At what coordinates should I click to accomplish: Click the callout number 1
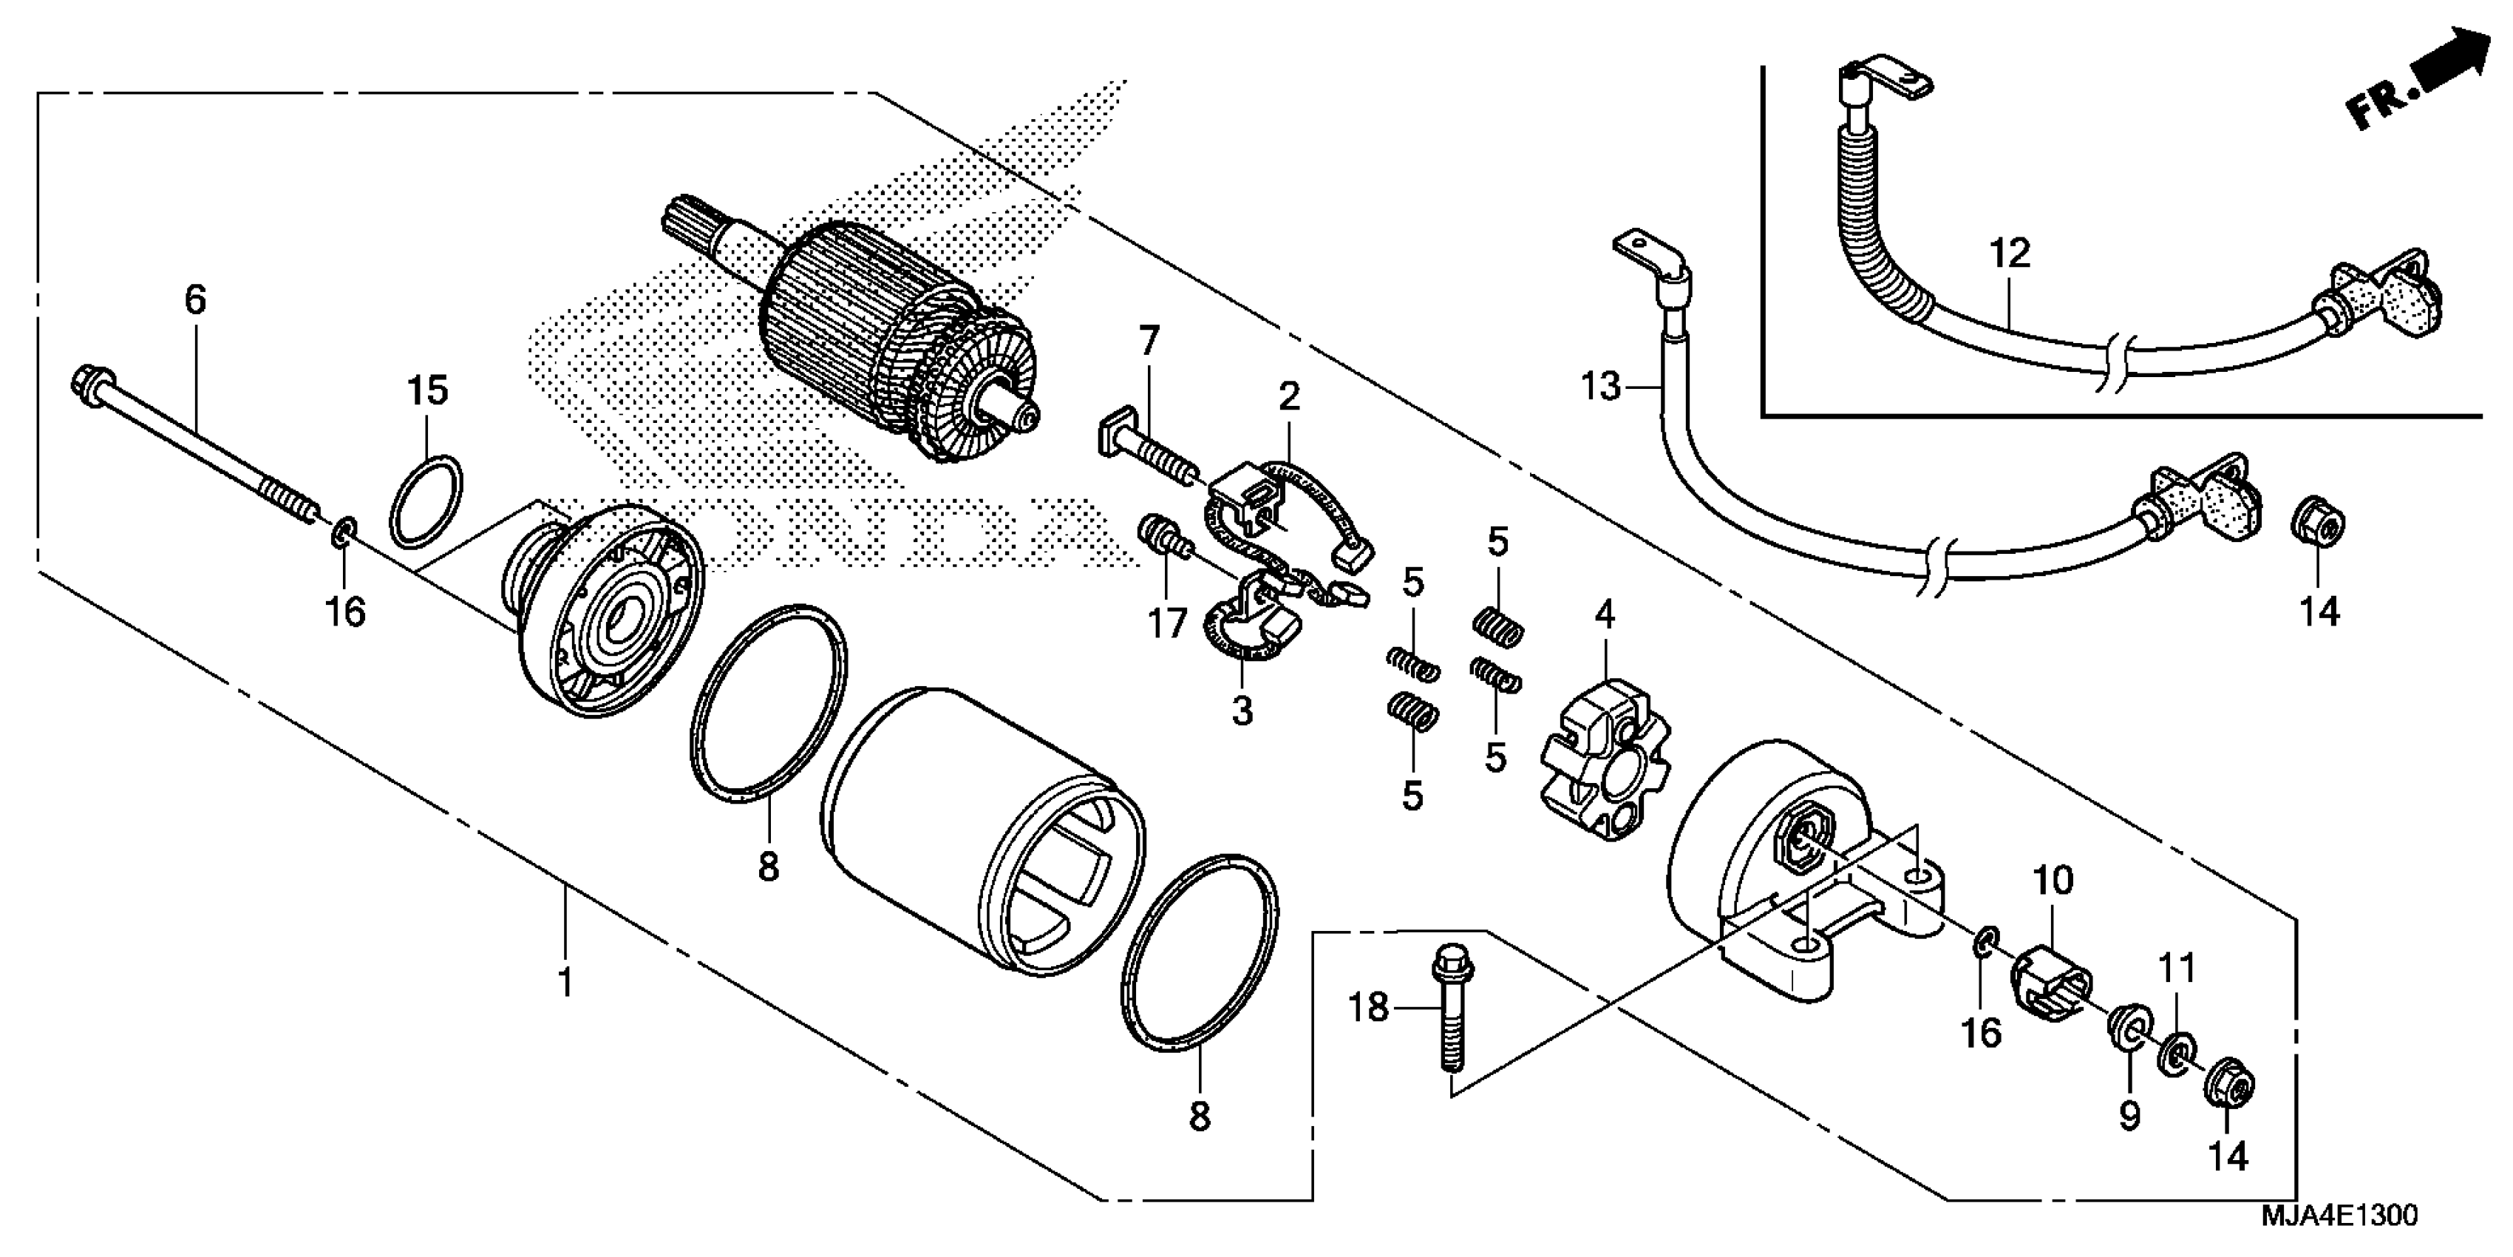pos(564,982)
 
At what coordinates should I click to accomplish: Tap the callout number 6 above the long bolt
pos(195,299)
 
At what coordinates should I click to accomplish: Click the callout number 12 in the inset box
pos(2010,254)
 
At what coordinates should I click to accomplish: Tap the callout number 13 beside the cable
pos(1600,387)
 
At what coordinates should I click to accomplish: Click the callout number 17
pos(1167,623)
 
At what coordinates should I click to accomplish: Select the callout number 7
pos(1149,342)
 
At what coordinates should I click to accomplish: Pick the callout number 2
pos(1290,396)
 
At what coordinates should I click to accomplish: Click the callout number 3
pos(1241,711)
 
